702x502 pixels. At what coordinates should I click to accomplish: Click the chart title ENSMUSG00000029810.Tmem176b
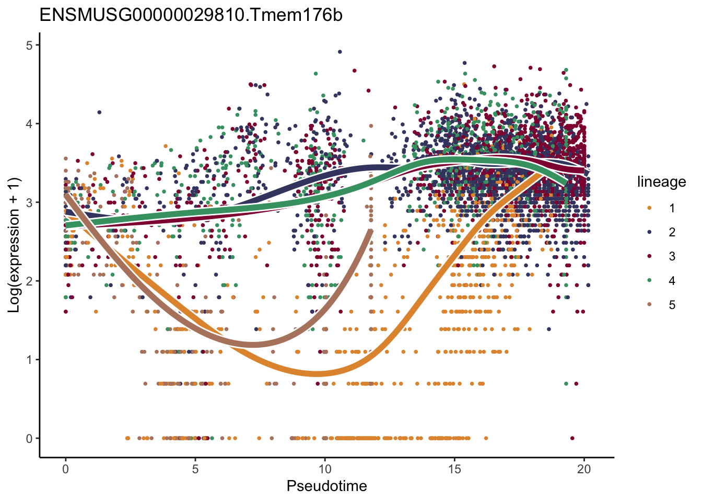pyautogui.click(x=191, y=15)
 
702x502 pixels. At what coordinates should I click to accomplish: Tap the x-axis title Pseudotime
pyautogui.click(x=326, y=486)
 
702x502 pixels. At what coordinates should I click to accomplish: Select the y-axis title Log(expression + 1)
pyautogui.click(x=14, y=245)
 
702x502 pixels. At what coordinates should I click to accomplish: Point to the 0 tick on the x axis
pyautogui.click(x=65, y=469)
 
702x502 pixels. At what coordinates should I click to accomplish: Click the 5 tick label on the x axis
pyautogui.click(x=195, y=469)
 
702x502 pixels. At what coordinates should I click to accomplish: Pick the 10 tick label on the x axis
pyautogui.click(x=324, y=469)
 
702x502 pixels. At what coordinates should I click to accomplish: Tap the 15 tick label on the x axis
pyautogui.click(x=454, y=469)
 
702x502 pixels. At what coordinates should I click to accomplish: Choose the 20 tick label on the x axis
pyautogui.click(x=584, y=469)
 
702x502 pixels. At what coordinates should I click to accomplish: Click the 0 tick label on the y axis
pyautogui.click(x=29, y=438)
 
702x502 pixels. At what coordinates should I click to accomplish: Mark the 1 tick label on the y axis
pyautogui.click(x=29, y=360)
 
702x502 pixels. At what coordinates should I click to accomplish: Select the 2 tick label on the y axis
pyautogui.click(x=29, y=281)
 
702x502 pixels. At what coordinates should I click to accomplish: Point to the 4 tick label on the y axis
pyautogui.click(x=29, y=124)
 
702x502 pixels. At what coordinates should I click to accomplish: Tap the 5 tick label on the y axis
pyautogui.click(x=29, y=45)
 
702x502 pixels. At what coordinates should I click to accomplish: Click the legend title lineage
pyautogui.click(x=661, y=182)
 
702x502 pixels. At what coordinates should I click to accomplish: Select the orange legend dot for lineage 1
pyautogui.click(x=649, y=208)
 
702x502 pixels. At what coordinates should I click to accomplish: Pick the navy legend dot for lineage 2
pyautogui.click(x=649, y=232)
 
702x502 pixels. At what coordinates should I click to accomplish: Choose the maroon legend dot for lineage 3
pyautogui.click(x=649, y=256)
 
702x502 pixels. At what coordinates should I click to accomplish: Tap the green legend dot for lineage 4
pyautogui.click(x=649, y=281)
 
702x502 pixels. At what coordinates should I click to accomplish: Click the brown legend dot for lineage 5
pyautogui.click(x=649, y=305)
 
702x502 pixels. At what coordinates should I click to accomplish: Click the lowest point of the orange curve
pyautogui.click(x=317, y=373)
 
